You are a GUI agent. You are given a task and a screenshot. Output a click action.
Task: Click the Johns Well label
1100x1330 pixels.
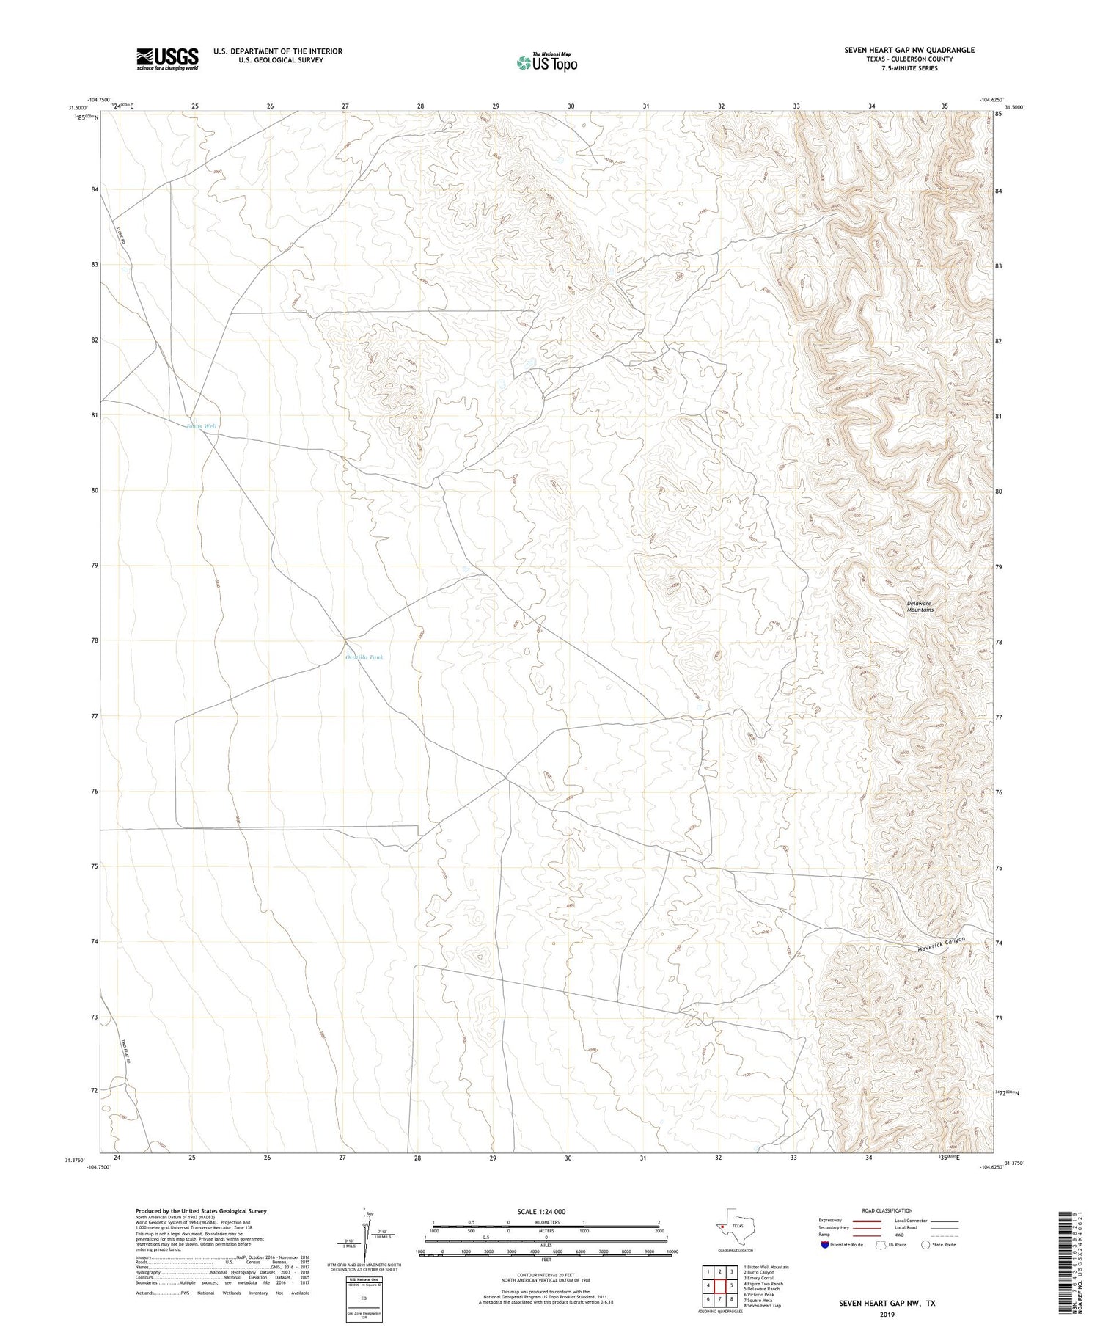pyautogui.click(x=201, y=426)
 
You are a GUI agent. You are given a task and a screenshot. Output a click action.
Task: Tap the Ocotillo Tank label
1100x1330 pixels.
pyautogui.click(x=364, y=657)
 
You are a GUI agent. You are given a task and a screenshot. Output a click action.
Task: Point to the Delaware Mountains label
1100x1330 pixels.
pyautogui.click(x=920, y=607)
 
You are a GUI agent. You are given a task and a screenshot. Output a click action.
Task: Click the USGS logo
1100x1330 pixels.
pyautogui.click(x=167, y=59)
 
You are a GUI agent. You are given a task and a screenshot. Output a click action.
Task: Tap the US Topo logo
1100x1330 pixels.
pyautogui.click(x=546, y=62)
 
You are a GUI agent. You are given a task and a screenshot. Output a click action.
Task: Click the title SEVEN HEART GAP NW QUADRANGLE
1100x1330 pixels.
pyautogui.click(x=909, y=50)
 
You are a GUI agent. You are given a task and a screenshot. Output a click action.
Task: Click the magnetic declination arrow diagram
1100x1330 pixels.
pyautogui.click(x=367, y=1238)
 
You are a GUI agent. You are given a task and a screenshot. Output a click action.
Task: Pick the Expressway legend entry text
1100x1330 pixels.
pyautogui.click(x=834, y=1221)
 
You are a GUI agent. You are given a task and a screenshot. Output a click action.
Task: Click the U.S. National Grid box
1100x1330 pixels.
pyautogui.click(x=364, y=1299)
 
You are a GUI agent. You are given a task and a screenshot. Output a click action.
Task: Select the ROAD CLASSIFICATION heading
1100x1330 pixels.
pyautogui.click(x=887, y=1211)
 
